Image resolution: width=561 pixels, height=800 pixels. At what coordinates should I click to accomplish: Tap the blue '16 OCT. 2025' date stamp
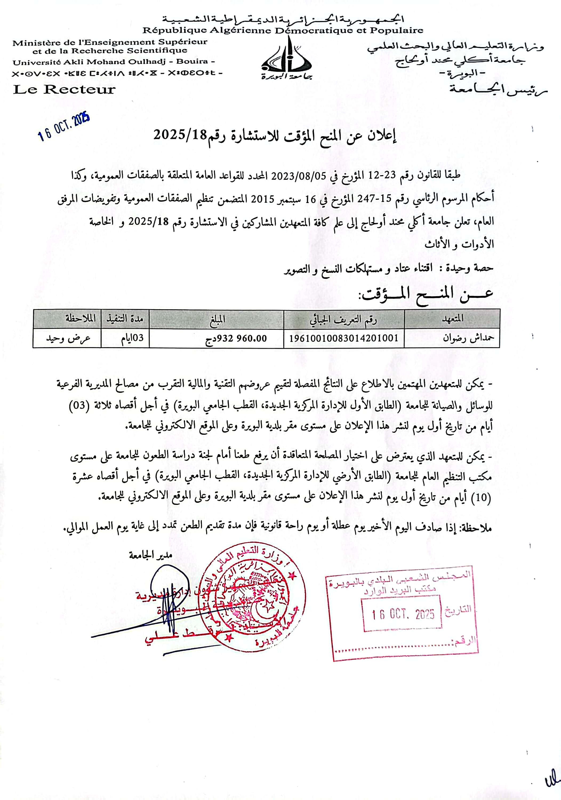64,127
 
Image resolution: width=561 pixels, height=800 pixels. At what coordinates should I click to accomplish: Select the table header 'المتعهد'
452,318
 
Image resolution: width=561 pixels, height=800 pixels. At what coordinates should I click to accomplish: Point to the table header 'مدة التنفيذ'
125,318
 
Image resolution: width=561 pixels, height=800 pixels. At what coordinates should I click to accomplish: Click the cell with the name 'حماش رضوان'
468,338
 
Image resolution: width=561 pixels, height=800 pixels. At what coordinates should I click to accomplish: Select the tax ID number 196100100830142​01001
344,338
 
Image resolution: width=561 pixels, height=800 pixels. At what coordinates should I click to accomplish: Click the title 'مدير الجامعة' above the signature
151,555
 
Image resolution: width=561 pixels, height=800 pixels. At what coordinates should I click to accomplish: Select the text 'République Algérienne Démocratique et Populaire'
283,30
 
